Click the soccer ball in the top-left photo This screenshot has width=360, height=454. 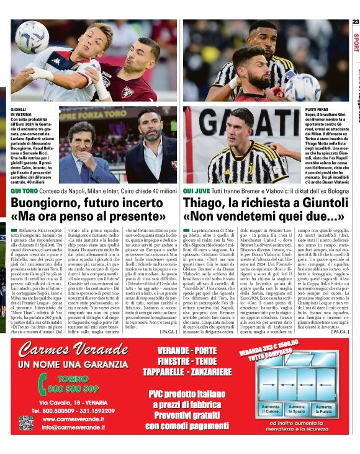[x=32, y=37]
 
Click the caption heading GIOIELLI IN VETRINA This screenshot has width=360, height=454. [x=19, y=112]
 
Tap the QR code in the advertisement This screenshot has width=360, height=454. [x=25, y=423]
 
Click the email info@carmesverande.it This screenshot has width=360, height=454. [x=73, y=427]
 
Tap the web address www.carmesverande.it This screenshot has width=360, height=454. [x=73, y=419]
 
